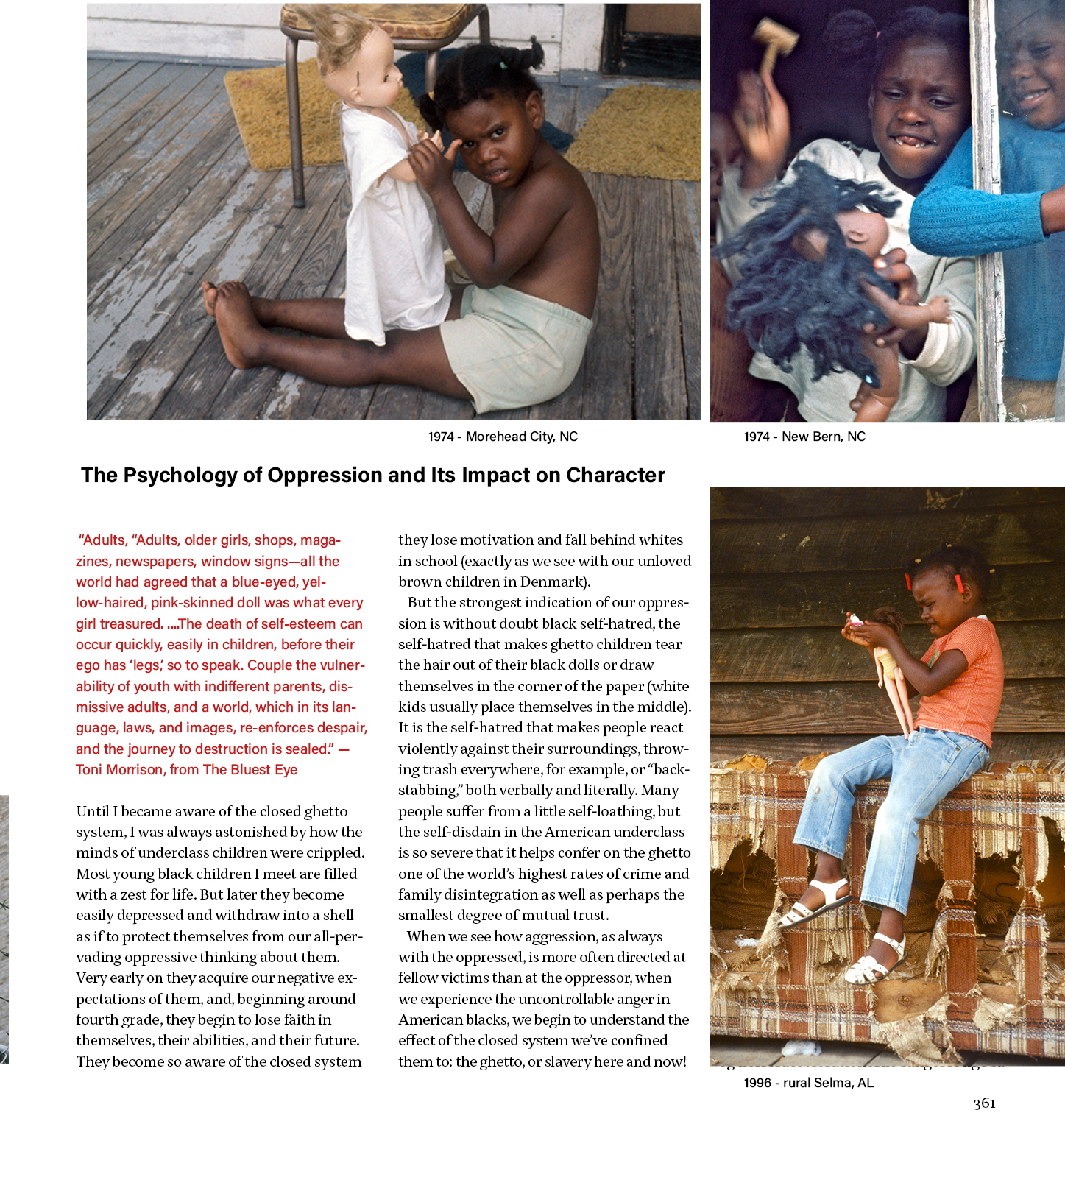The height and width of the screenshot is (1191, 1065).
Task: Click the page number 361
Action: pos(984,1103)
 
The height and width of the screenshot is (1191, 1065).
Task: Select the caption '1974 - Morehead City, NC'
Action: pos(503,437)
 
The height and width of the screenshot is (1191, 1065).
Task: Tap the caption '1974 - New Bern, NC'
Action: pos(804,437)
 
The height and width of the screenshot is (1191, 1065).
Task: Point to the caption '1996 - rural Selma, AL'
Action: pos(808,1083)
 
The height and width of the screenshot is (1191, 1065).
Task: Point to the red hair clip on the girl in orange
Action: pos(959,584)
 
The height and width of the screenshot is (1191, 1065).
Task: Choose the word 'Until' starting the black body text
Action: pos(93,812)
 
